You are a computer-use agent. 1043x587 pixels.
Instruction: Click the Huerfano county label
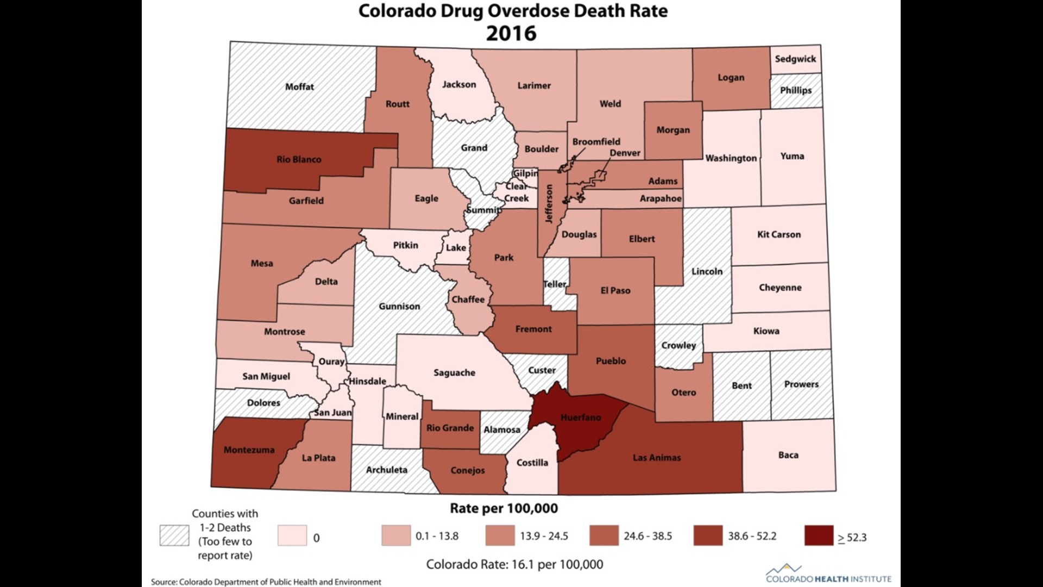tap(581, 417)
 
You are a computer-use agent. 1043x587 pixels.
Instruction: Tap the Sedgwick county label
tap(795, 59)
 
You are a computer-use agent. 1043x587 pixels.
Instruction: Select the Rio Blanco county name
tap(299, 159)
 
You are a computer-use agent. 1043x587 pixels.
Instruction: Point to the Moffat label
tap(299, 86)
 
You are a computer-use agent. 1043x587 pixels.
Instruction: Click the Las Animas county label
tap(656, 458)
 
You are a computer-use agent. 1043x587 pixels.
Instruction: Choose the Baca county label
tap(788, 455)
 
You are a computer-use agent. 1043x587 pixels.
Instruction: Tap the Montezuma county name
tap(249, 450)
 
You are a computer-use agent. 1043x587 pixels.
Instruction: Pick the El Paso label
tap(615, 291)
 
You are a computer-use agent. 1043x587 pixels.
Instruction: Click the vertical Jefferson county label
tap(549, 204)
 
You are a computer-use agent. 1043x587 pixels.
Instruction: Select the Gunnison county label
tap(399, 307)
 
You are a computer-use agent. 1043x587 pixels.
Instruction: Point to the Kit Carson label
tap(778, 235)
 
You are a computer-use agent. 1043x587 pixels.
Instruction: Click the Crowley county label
tap(678, 345)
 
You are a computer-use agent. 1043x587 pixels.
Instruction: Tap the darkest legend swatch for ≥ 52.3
tap(819, 536)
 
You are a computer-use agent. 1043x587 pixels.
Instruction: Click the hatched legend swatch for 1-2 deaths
tap(174, 535)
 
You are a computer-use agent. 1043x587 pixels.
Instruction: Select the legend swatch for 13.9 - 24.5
tap(500, 536)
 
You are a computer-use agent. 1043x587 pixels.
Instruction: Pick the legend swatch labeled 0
tap(292, 536)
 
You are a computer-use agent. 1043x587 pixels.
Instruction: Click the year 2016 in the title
tap(511, 33)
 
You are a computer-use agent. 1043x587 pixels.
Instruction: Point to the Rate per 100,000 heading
tap(504, 509)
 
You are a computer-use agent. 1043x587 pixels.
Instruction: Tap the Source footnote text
tap(266, 582)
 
